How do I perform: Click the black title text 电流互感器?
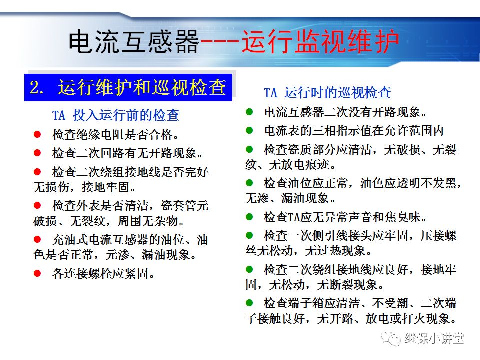point(134,42)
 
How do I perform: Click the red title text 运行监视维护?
point(320,42)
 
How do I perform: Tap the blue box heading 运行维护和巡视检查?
point(142,87)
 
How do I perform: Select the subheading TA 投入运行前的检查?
point(115,115)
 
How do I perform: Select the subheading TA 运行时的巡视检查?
point(327,93)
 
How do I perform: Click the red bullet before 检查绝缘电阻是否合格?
point(37,134)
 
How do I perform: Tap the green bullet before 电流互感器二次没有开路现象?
point(249,112)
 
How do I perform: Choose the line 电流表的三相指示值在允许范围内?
point(353,131)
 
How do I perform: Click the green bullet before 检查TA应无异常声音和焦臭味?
point(249,217)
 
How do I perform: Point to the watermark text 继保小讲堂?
point(434,338)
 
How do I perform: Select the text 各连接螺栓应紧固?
point(103,273)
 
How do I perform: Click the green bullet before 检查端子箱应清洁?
point(249,303)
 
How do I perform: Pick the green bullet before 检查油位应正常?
point(249,183)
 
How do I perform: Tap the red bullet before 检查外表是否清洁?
point(37,205)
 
